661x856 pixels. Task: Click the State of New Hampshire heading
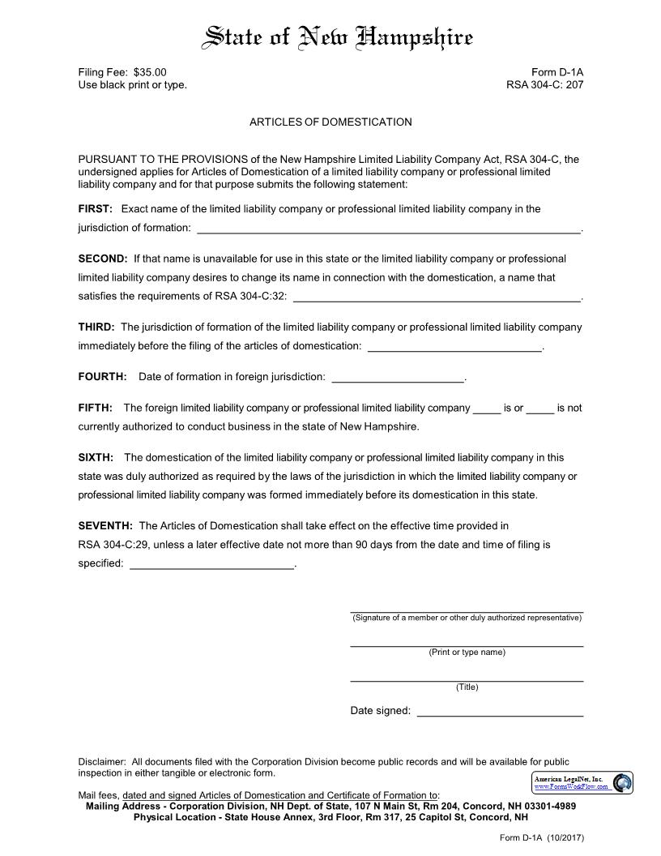(338, 37)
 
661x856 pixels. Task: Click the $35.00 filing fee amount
(150, 72)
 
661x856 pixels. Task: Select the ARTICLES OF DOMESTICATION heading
(330, 122)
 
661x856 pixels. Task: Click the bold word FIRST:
(95, 209)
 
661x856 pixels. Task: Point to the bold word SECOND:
(103, 259)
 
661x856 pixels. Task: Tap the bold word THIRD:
(96, 327)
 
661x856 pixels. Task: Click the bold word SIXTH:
(96, 458)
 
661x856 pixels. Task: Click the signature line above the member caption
(467, 610)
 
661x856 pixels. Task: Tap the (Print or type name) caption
(467, 653)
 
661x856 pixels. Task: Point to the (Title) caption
(467, 687)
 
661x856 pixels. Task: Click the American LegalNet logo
(582, 783)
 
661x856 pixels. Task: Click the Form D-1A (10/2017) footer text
(541, 837)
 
